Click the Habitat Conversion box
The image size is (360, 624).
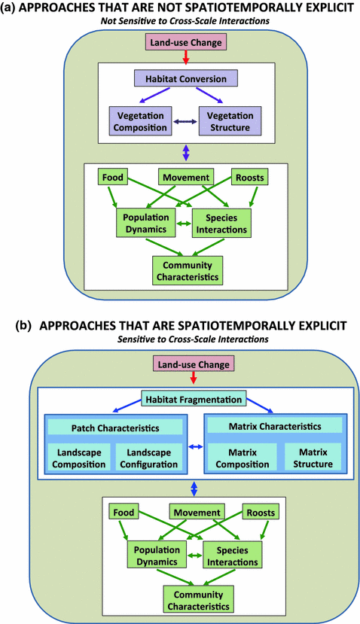(x=185, y=78)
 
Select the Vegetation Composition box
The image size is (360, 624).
(x=140, y=121)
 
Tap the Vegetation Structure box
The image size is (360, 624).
(x=230, y=121)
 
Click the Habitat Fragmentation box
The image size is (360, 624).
(x=194, y=399)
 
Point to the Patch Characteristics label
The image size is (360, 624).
(x=115, y=428)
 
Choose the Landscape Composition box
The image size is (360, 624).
(x=79, y=458)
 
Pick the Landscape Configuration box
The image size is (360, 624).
(x=148, y=458)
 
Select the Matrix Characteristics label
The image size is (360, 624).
(x=275, y=426)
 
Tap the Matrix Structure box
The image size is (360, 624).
(x=313, y=458)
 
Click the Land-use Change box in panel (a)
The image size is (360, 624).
(x=186, y=43)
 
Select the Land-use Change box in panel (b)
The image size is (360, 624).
(x=194, y=364)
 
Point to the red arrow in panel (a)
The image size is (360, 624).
(x=185, y=57)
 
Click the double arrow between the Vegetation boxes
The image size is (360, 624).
(x=185, y=122)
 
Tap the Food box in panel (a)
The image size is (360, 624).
(x=113, y=177)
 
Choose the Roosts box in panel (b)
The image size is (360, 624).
(x=261, y=513)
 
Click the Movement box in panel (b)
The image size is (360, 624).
(x=197, y=513)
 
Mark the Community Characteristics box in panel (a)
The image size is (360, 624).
(x=188, y=271)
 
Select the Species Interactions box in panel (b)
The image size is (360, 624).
(x=233, y=556)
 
